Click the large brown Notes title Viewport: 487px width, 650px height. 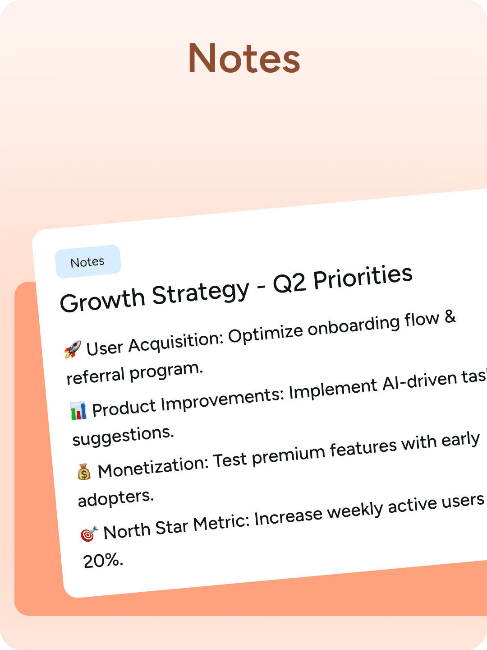[244, 59]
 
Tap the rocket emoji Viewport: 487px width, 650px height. [73, 349]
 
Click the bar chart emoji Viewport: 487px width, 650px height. [78, 411]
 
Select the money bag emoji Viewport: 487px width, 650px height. [84, 472]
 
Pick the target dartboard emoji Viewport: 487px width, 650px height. [89, 534]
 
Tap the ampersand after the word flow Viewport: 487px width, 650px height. [450, 317]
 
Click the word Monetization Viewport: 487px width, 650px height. [153, 467]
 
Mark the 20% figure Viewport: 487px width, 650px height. [103, 561]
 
